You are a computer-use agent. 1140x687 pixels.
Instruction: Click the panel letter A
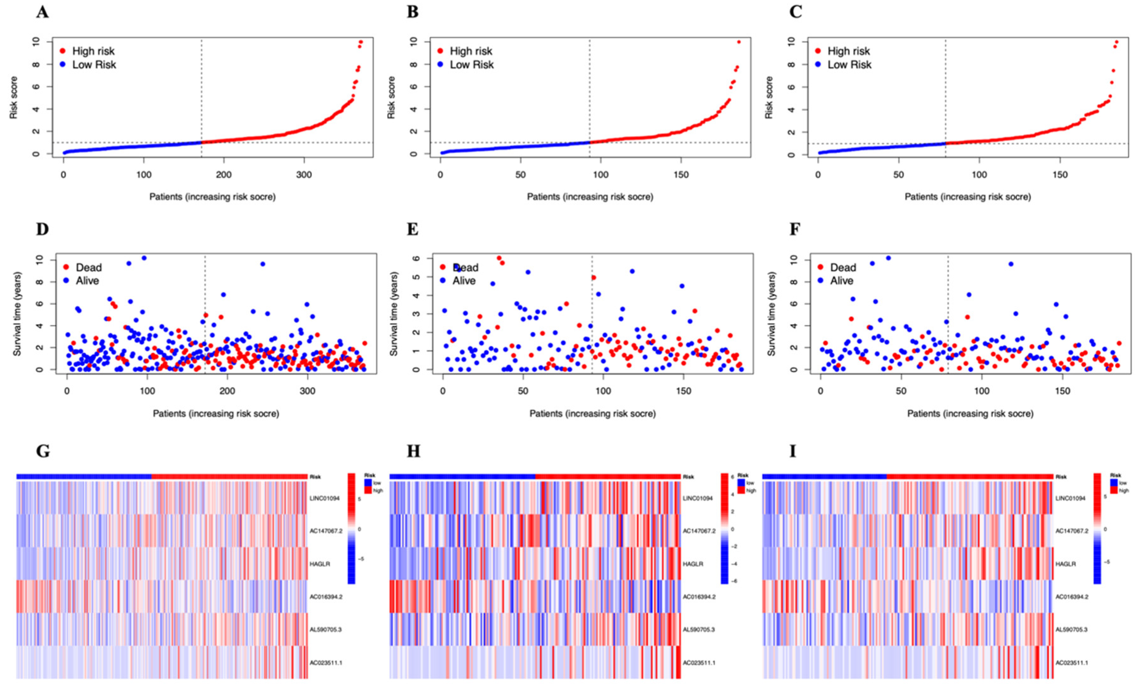(x=42, y=12)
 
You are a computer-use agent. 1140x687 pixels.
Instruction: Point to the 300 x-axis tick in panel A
(x=304, y=175)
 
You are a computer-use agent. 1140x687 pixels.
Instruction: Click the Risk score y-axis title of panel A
(x=13, y=98)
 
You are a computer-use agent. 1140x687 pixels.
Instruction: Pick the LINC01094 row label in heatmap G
(x=324, y=498)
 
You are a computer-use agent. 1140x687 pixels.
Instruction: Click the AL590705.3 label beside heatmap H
(x=699, y=630)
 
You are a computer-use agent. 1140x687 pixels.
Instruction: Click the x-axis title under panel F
(x=970, y=414)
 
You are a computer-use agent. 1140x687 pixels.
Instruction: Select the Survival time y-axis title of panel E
(x=394, y=314)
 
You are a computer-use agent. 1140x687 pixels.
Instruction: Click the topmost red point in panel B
(x=739, y=42)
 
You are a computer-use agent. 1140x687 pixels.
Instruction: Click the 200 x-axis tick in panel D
(x=227, y=391)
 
